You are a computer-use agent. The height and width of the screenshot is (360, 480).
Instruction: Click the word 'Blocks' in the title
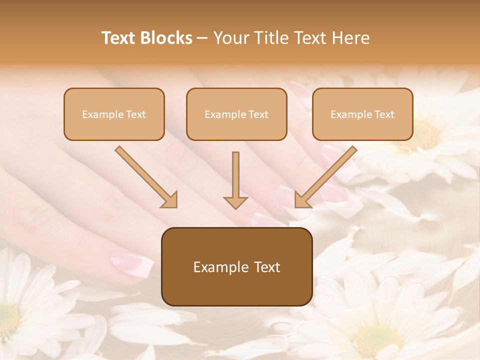[x=167, y=38]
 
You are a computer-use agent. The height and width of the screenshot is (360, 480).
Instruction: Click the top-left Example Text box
[x=114, y=114]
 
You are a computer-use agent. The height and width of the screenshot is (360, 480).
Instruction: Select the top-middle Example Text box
[x=236, y=114]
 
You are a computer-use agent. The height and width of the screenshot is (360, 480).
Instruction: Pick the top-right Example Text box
[x=362, y=114]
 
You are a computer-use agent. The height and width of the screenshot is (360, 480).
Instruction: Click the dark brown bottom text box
[x=236, y=267]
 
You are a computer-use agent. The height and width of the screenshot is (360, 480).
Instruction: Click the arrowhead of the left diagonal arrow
[x=170, y=200]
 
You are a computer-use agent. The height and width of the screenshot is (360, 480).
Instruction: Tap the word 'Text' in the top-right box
[x=384, y=114]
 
